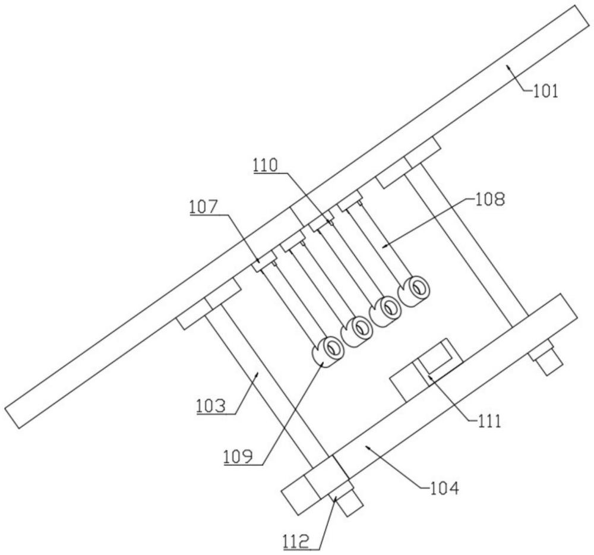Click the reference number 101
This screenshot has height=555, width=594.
click(x=545, y=92)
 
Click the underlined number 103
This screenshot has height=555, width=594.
click(x=211, y=407)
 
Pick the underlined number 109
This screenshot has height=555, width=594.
click(x=238, y=458)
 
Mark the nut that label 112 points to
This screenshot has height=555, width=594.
click(x=336, y=493)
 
